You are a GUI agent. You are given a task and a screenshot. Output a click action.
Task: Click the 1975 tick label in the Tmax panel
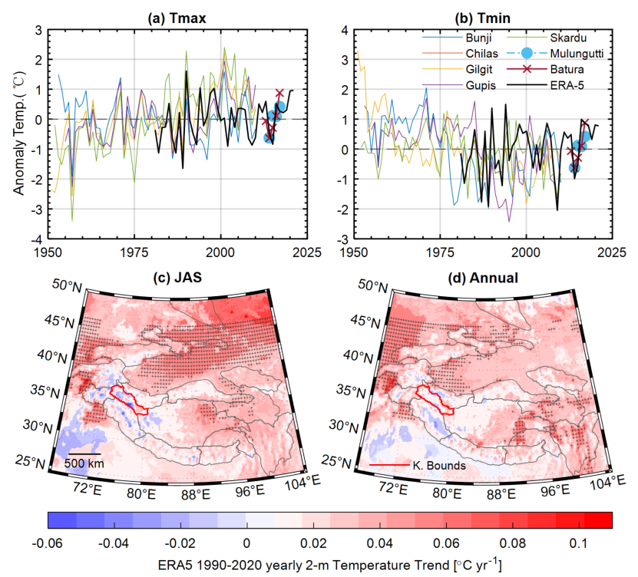[134, 252]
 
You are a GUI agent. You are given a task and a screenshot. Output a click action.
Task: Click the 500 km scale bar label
[84, 463]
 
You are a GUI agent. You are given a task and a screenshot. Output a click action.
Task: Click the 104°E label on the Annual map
[604, 482]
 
